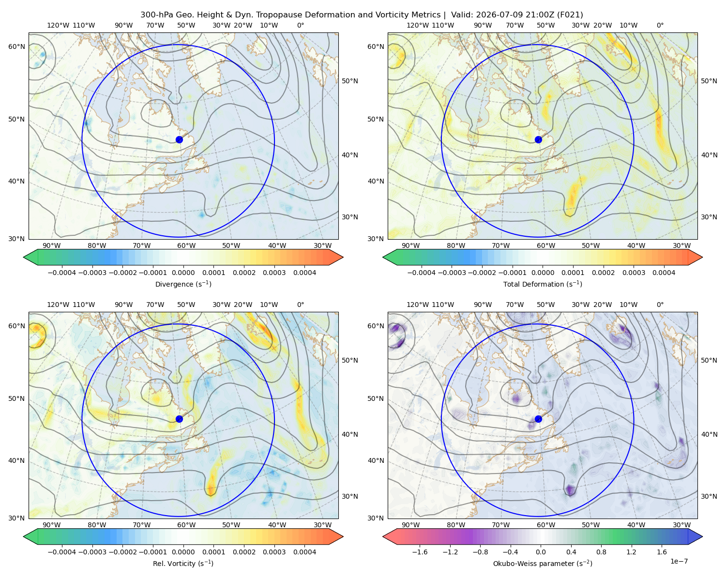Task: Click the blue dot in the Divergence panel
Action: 179,139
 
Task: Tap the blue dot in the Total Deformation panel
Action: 538,139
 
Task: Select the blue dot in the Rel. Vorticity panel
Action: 179,419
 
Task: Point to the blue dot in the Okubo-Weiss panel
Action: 538,419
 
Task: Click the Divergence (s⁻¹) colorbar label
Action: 183,284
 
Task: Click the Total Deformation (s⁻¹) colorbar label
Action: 543,284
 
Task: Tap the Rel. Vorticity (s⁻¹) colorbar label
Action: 183,563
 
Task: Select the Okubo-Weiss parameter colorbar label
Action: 543,563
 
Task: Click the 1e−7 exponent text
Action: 679,561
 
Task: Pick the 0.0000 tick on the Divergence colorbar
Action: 183,273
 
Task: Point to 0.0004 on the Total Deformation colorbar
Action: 664,273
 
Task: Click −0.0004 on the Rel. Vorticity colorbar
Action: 62,552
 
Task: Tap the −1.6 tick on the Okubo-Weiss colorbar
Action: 420,552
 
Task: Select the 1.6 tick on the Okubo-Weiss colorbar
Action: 662,552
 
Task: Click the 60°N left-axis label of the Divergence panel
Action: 16,46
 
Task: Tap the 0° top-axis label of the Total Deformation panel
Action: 660,25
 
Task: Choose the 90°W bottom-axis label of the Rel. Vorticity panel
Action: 52,525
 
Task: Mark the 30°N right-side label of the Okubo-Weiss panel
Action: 709,496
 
